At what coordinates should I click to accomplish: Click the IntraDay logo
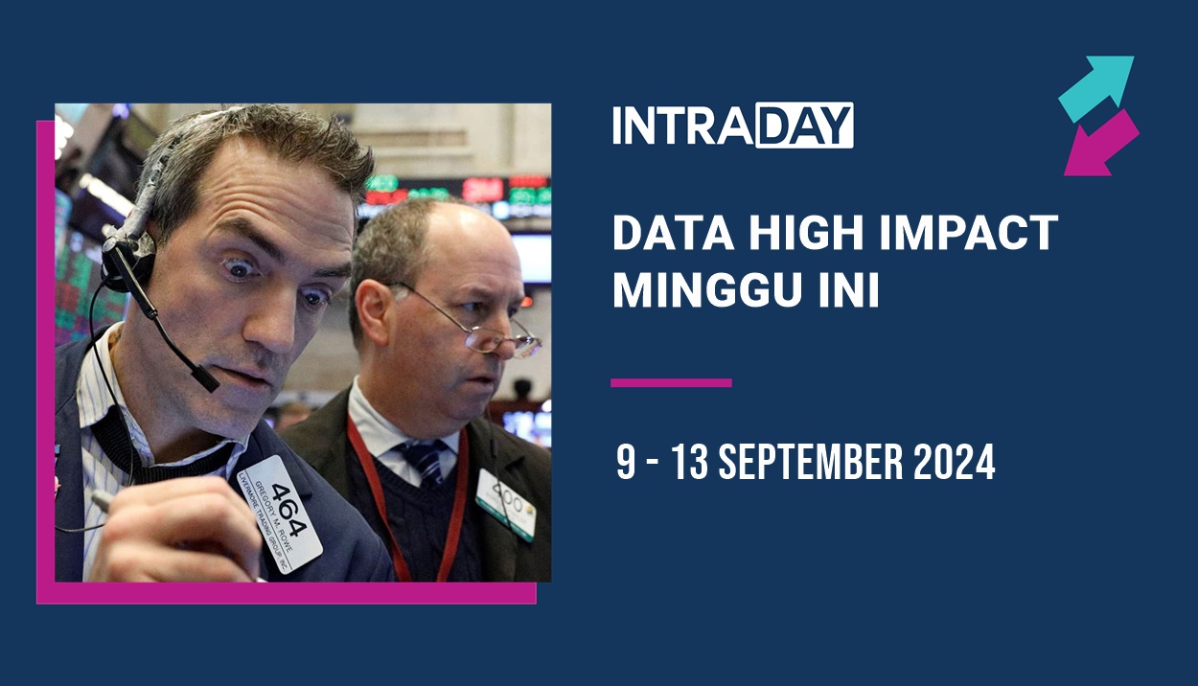pyautogui.click(x=732, y=126)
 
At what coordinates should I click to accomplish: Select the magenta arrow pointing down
pyautogui.click(x=1100, y=145)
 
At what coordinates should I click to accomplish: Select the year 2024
pyautogui.click(x=954, y=464)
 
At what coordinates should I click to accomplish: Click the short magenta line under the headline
pyautogui.click(x=671, y=382)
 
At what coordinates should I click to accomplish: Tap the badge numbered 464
pyautogui.click(x=280, y=514)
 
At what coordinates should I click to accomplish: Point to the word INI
pyautogui.click(x=847, y=290)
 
